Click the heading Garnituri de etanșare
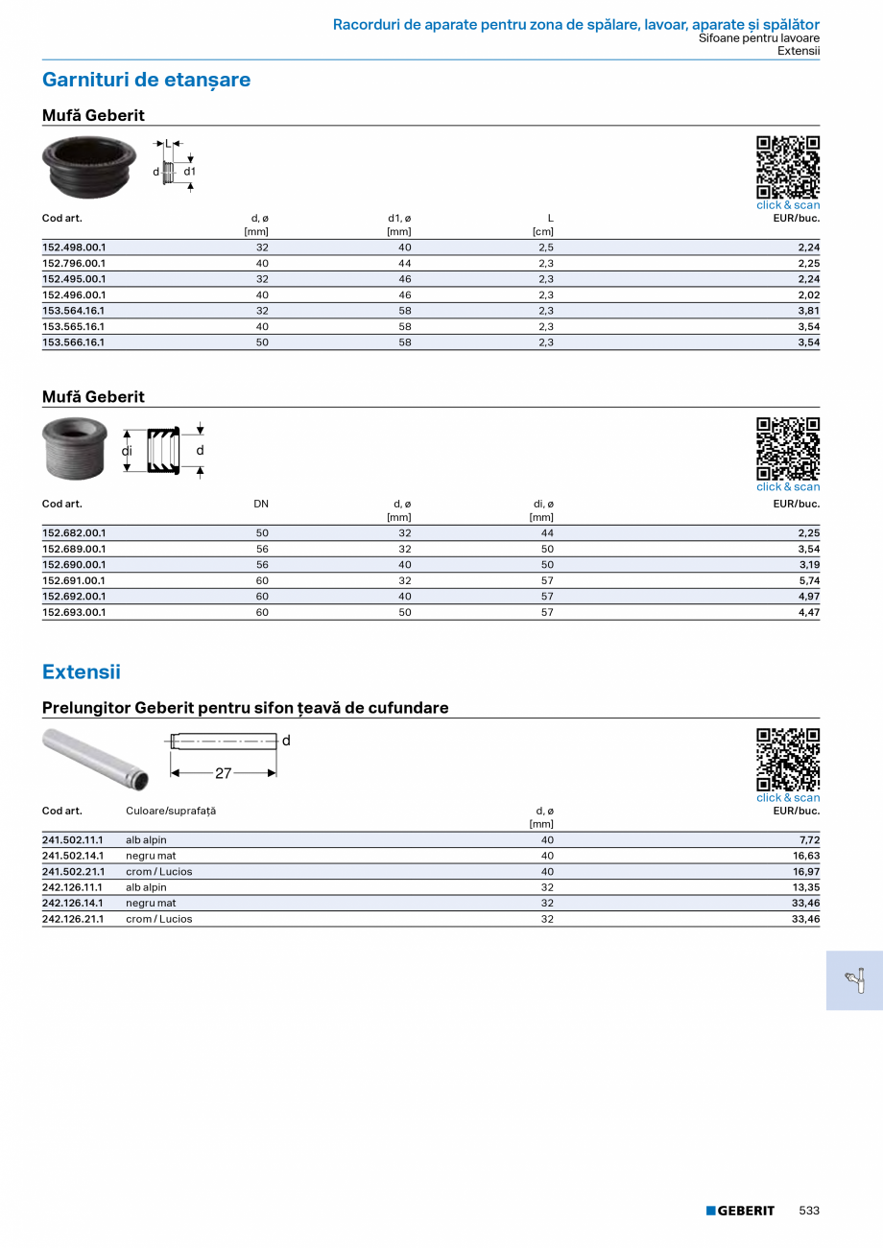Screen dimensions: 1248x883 (146, 80)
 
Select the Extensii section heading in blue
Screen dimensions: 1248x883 (82, 671)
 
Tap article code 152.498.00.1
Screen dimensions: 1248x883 (74, 247)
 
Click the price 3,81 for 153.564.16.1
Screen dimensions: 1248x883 (808, 311)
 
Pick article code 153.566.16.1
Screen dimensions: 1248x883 (74, 342)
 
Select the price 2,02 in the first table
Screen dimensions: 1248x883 (808, 294)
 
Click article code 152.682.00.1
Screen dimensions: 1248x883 (74, 532)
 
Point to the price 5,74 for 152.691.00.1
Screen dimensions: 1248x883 (808, 580)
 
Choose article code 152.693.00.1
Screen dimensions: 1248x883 (74, 612)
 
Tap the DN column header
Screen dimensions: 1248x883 (261, 504)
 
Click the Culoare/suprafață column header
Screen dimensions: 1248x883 (171, 811)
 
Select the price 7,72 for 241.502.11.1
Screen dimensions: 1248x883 (808, 839)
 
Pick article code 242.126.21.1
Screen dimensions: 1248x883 (73, 919)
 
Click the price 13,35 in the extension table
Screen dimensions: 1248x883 (805, 887)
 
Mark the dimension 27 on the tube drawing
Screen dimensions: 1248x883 (223, 773)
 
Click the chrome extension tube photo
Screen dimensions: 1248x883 (96, 758)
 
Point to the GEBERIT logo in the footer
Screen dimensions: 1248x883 (740, 1211)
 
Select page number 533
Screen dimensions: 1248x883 (809, 1211)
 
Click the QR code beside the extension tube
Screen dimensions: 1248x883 (788, 761)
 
